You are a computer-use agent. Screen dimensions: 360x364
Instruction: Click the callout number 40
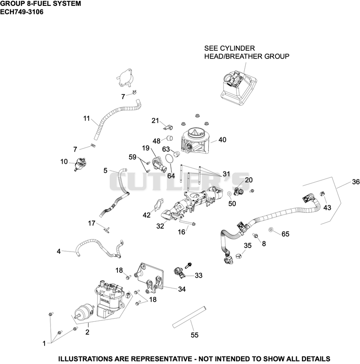(222, 140)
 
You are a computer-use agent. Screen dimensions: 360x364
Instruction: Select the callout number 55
(194, 335)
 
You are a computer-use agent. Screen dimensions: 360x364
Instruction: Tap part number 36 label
(355, 182)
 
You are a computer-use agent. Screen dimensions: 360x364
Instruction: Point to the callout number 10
(64, 162)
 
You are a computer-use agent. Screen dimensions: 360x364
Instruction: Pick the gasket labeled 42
(159, 204)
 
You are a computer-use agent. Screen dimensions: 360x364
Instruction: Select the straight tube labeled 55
(189, 317)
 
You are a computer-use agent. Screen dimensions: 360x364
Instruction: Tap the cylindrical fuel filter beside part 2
(84, 312)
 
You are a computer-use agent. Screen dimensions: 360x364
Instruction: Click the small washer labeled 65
(270, 229)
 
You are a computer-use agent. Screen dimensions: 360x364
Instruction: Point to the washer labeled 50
(229, 193)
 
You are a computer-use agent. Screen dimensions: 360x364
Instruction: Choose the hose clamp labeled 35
(238, 256)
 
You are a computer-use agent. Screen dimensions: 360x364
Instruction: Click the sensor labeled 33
(180, 273)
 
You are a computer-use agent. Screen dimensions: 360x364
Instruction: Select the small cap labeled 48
(170, 138)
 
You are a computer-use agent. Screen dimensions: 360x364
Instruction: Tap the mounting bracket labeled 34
(148, 279)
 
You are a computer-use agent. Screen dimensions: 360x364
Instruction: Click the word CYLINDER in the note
(237, 48)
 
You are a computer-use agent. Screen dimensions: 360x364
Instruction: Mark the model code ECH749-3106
(22, 12)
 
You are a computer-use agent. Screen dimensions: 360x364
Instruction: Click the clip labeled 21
(168, 127)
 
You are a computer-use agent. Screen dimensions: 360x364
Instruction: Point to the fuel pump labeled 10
(80, 164)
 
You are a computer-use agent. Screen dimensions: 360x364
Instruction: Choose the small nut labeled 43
(322, 193)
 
